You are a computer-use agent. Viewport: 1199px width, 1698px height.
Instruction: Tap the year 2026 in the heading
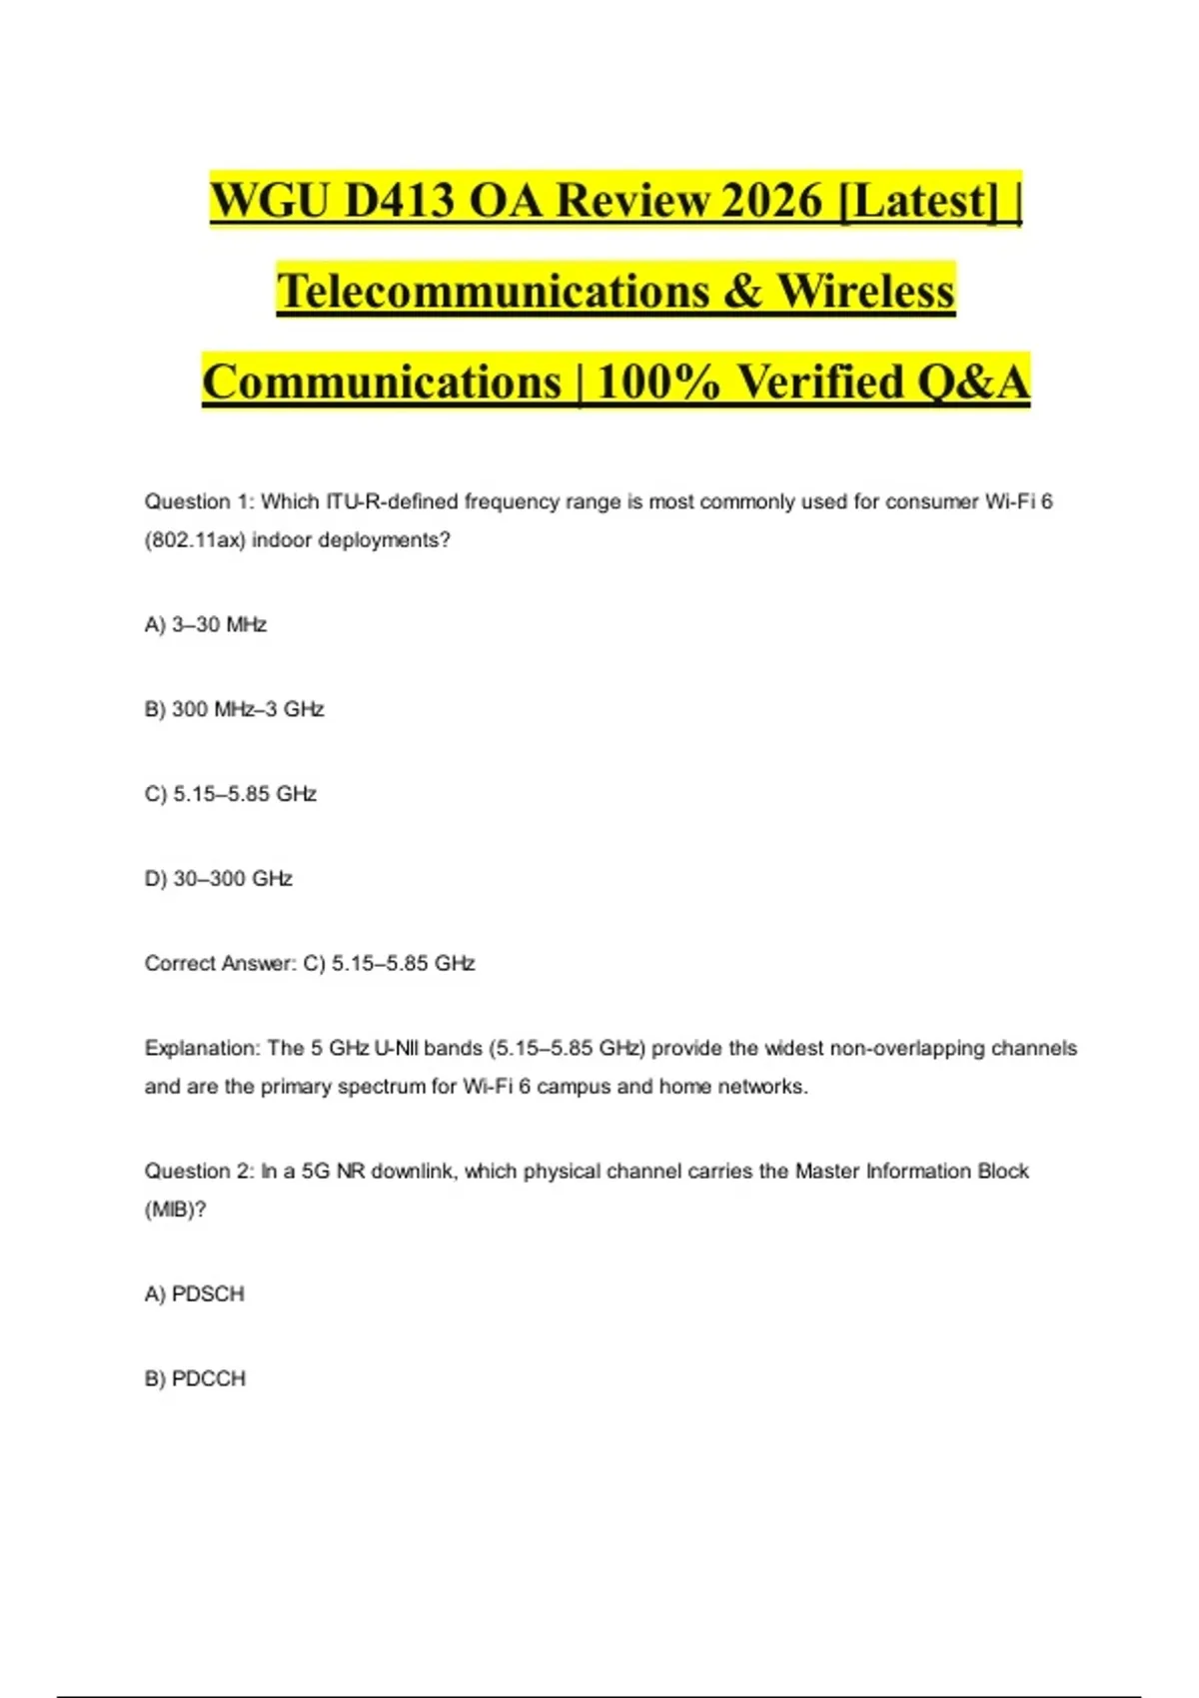click(770, 200)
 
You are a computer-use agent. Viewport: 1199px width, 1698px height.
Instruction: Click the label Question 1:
click(199, 501)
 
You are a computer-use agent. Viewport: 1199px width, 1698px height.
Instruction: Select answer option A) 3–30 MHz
click(206, 625)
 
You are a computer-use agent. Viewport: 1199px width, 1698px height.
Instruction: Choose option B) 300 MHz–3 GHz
click(235, 710)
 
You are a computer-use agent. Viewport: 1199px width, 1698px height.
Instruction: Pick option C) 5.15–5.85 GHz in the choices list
click(231, 794)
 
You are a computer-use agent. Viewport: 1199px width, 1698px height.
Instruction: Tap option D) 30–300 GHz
click(219, 879)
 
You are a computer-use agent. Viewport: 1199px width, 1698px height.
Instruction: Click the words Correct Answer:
click(221, 964)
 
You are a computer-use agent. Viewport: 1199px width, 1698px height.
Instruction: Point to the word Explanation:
click(202, 1049)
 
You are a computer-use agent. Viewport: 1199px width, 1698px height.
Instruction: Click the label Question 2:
click(199, 1172)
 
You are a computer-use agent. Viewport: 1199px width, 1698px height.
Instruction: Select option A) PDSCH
click(195, 1294)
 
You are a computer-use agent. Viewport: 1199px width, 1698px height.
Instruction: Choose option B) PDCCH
click(195, 1379)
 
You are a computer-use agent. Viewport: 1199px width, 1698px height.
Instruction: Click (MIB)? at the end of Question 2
click(176, 1210)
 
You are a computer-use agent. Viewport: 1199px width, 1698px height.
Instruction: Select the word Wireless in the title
click(866, 291)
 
